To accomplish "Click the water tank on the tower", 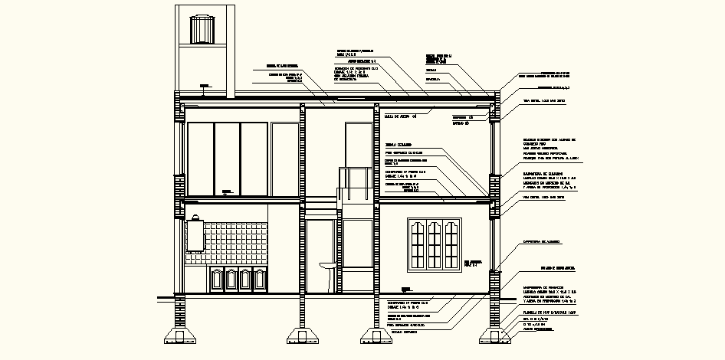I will point(204,30).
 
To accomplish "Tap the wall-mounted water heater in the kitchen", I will point(195,234).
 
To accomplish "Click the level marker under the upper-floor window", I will point(227,191).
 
